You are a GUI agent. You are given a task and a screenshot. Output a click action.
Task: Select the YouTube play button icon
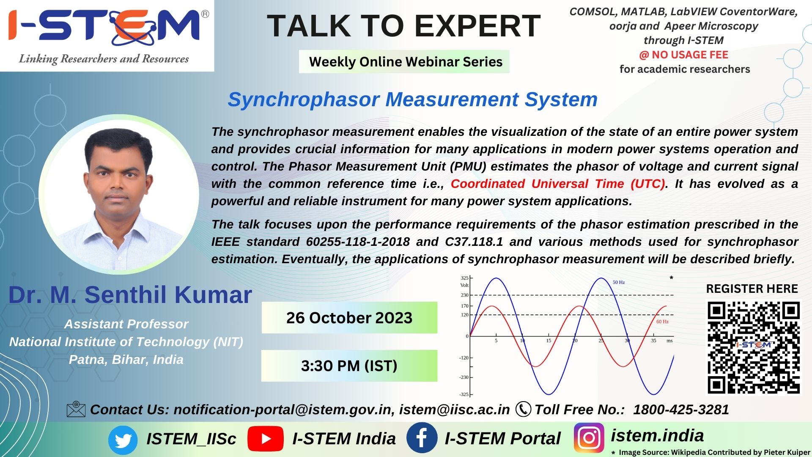point(265,439)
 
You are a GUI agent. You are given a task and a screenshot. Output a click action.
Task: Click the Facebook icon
point(422,438)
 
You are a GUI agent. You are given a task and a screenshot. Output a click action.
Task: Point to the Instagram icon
point(589,438)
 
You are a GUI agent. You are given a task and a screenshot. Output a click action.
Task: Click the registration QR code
point(754,347)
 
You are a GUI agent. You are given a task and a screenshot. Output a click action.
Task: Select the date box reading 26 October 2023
point(349,318)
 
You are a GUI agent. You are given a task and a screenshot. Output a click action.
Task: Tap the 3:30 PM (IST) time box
point(349,366)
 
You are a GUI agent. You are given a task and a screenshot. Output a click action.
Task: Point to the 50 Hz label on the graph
point(619,282)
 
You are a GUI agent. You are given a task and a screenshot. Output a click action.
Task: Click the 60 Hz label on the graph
point(662,322)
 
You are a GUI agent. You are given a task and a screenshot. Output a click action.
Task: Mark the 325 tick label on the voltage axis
point(464,278)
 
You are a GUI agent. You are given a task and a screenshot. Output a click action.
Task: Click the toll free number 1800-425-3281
point(681,410)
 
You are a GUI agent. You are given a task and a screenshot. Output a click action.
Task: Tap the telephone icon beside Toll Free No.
point(523,409)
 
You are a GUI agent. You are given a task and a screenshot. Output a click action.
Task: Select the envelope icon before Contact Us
point(76,410)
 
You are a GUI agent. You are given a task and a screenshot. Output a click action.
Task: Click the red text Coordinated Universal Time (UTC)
point(558,184)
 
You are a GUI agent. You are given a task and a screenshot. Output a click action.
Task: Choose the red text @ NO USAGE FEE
point(683,55)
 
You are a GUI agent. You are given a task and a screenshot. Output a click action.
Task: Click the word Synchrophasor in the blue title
point(304,100)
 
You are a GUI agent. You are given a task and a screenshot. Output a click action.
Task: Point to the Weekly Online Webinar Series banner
point(404,62)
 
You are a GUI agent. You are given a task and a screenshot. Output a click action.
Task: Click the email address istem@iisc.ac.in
point(455,410)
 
